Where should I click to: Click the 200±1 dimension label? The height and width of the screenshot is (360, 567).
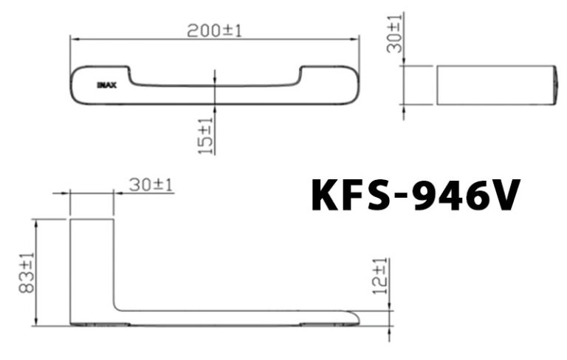point(214,30)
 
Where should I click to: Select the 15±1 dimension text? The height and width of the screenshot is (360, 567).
point(206,136)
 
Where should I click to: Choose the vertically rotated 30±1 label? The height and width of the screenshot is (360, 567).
point(395,32)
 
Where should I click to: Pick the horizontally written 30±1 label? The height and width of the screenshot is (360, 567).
point(150,184)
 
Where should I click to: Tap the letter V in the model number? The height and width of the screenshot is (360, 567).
point(505,195)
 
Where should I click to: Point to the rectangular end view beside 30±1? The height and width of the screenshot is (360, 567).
point(495,85)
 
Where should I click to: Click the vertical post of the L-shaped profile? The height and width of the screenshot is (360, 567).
point(92,266)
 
